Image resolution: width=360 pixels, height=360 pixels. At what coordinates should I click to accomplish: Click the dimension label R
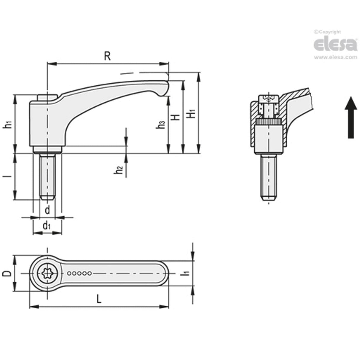tap(107, 56)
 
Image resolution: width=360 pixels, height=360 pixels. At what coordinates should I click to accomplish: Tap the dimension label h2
tap(119, 170)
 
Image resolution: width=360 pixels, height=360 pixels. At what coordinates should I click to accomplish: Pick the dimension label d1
tap(47, 226)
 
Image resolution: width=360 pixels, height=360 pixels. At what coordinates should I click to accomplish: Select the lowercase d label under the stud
tap(47, 210)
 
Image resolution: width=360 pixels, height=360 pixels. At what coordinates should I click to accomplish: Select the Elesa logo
tap(335, 44)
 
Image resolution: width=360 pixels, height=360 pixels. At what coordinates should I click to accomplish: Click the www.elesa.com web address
tap(335, 57)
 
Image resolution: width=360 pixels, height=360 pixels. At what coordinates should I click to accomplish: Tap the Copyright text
tap(327, 32)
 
